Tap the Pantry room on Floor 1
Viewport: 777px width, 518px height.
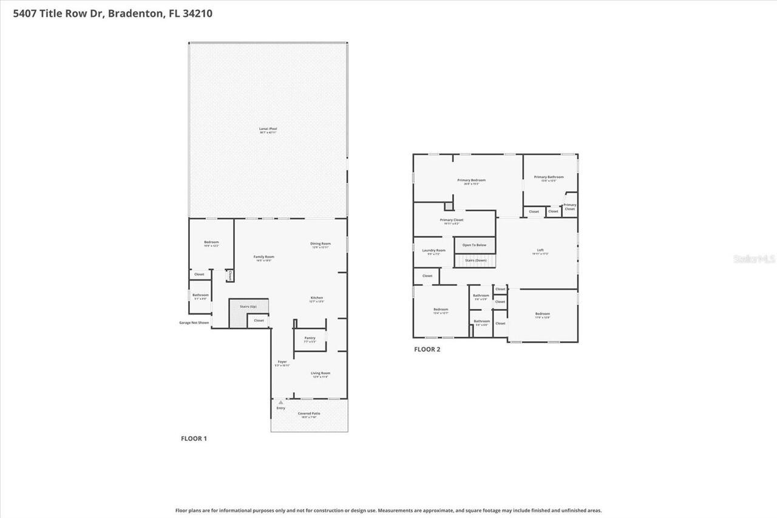310,339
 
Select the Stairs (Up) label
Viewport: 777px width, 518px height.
248,307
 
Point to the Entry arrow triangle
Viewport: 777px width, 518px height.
280,402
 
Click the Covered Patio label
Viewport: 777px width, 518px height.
309,414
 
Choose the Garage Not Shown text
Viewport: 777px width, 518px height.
194,322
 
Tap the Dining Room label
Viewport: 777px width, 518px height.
321,244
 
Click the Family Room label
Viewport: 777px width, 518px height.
263,257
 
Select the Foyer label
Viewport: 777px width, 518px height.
282,362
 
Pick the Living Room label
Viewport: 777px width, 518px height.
321,373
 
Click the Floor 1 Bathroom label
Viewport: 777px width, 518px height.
200,295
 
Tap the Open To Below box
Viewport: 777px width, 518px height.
475,245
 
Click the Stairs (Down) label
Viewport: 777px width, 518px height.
475,260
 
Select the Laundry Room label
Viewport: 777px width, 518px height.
433,250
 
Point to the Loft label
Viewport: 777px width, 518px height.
540,250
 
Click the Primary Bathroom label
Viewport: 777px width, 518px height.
549,177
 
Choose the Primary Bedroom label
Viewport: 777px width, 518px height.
471,180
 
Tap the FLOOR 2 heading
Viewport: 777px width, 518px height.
427,349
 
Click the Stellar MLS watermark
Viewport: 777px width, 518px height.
755,259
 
